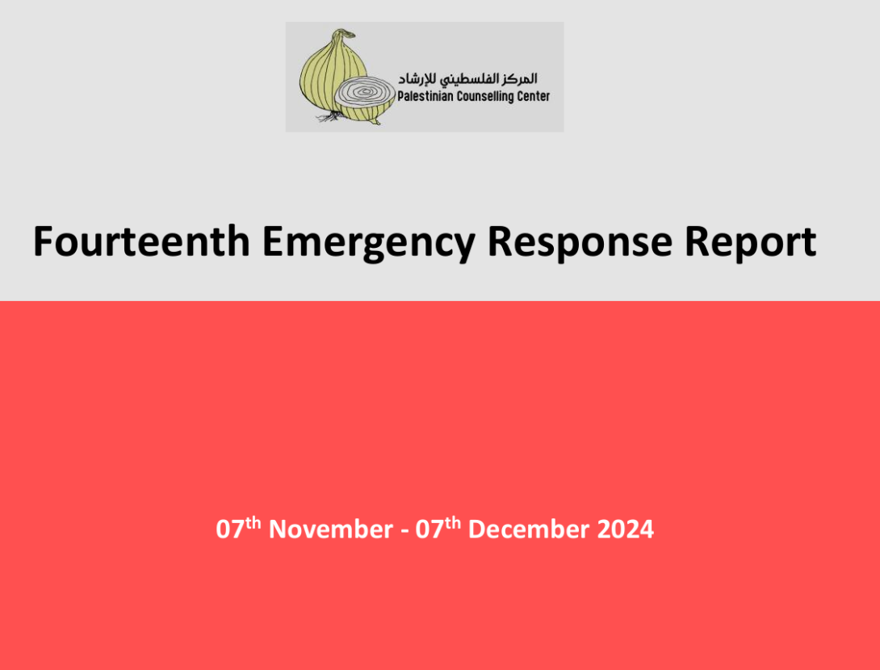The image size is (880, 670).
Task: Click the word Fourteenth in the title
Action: pos(141,241)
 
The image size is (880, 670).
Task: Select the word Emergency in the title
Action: pos(369,243)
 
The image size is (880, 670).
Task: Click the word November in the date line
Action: pos(330,530)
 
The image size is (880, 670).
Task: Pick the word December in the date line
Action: pos(529,530)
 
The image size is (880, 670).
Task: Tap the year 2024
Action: pos(625,530)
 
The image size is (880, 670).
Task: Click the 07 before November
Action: pos(230,530)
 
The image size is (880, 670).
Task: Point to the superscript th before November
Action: pos(254,523)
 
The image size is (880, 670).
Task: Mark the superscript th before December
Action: pos(452,523)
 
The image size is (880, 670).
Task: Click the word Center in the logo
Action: pos(534,97)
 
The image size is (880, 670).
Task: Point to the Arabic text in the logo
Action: pos(467,79)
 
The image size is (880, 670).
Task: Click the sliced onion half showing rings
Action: pos(366,100)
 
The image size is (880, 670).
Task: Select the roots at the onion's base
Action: pos(328,117)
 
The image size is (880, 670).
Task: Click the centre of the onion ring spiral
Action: pos(365,91)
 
